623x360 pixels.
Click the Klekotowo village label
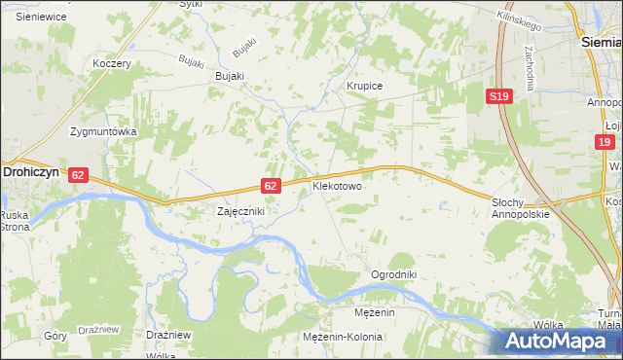click(337, 184)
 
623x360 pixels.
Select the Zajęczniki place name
click(239, 210)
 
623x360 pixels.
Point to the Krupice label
click(365, 87)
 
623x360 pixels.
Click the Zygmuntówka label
click(101, 130)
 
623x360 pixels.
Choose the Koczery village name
click(111, 63)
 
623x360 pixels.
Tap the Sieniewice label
click(40, 18)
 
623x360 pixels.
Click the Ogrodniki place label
click(393, 275)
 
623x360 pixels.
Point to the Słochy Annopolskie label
click(521, 208)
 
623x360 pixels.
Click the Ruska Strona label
click(15, 221)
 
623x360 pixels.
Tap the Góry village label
click(55, 335)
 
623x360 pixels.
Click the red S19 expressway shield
click(499, 96)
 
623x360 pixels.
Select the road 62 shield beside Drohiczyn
click(80, 175)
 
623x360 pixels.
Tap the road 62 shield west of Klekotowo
click(272, 185)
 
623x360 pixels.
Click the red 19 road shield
click(605, 142)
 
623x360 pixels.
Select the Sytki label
click(191, 4)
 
